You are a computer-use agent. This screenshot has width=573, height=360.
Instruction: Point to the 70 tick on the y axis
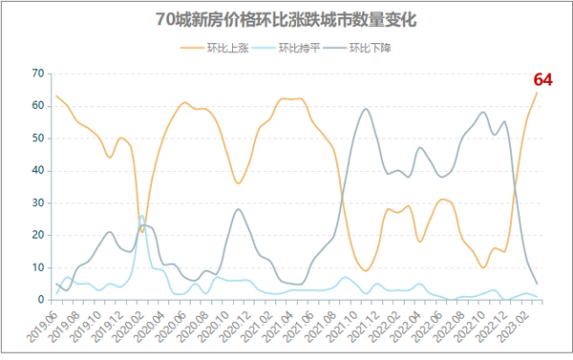pyautogui.click(x=37, y=73)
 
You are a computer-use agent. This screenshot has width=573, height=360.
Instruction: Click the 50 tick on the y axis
pyautogui.click(x=37, y=138)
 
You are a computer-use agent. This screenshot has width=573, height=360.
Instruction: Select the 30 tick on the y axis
pyautogui.click(x=37, y=202)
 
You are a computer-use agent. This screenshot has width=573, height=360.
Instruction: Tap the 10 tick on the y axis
pyautogui.click(x=37, y=267)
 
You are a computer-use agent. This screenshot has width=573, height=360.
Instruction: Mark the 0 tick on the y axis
pyautogui.click(x=40, y=300)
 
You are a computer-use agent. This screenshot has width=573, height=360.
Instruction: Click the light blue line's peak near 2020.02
pyautogui.click(x=142, y=216)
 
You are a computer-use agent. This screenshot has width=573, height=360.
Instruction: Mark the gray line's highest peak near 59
pyautogui.click(x=366, y=109)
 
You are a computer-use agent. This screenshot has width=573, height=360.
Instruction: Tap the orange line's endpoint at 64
pyautogui.click(x=537, y=93)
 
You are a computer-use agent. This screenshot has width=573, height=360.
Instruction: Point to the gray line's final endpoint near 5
pyautogui.click(x=537, y=284)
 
